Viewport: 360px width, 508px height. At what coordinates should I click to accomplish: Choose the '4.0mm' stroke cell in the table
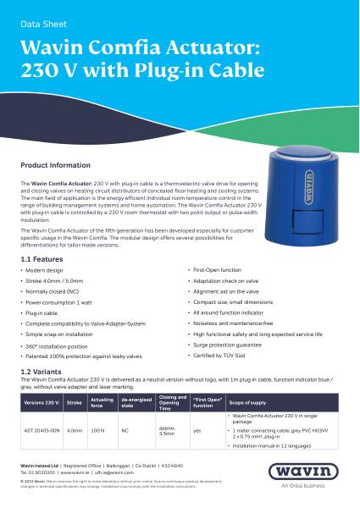[75, 431]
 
